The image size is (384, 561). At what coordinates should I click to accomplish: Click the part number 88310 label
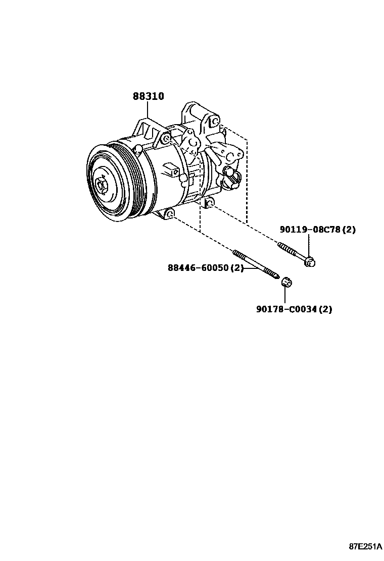(148, 96)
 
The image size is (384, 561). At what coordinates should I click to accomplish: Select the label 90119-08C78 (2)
(317, 230)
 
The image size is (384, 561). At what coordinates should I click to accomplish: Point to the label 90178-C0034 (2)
(294, 309)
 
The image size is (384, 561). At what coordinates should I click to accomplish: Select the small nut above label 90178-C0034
(285, 281)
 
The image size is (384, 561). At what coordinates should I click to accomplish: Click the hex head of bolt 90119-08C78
(310, 261)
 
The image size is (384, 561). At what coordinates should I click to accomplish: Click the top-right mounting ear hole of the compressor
(214, 122)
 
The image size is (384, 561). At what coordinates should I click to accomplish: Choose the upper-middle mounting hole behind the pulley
(166, 139)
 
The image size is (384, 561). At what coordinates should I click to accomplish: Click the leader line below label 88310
(148, 110)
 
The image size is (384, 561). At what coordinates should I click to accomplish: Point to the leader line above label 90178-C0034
(285, 295)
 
